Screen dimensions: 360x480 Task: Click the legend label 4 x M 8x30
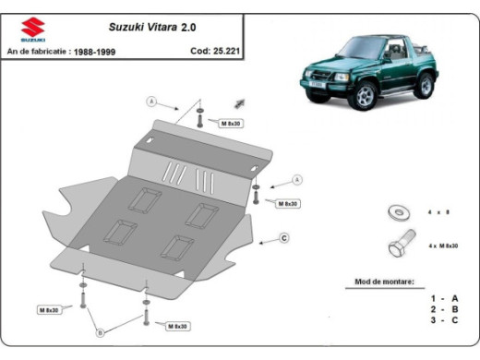pos(444,246)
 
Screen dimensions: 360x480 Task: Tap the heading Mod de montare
pos(384,281)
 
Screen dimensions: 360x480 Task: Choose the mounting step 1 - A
pos(443,298)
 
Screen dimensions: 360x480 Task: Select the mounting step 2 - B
pos(443,309)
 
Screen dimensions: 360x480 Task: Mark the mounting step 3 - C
pos(443,320)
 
